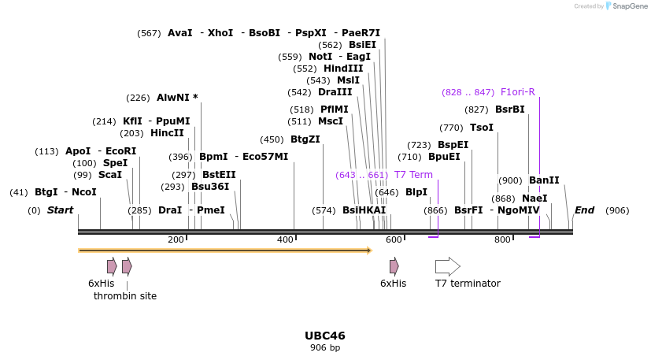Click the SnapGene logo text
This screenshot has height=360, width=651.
coord(625,6)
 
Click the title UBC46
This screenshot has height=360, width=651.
coord(324,336)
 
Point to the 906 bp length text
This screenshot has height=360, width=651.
coord(324,347)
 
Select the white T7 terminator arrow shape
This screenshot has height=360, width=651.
coord(447,266)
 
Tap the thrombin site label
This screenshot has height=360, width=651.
coord(125,296)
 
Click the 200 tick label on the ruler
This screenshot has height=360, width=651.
coord(176,239)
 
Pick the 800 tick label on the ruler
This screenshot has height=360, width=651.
coord(502,239)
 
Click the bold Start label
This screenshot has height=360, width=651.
coord(60,210)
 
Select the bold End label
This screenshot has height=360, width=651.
coord(584,210)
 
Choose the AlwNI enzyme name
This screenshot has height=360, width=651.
coord(173,98)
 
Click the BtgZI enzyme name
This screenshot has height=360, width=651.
coord(305,139)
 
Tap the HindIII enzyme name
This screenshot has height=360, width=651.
coord(343,69)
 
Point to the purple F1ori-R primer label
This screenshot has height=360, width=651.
coord(517,92)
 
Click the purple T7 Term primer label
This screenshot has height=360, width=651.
coord(413,175)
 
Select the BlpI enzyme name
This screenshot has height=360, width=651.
coord(416,192)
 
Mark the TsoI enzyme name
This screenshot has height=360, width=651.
coord(482,128)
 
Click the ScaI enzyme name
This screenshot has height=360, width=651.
coord(110,175)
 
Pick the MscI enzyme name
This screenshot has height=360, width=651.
coord(331,121)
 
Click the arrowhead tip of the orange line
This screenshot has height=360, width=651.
coord(369,251)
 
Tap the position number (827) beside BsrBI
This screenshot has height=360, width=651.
coord(476,109)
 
